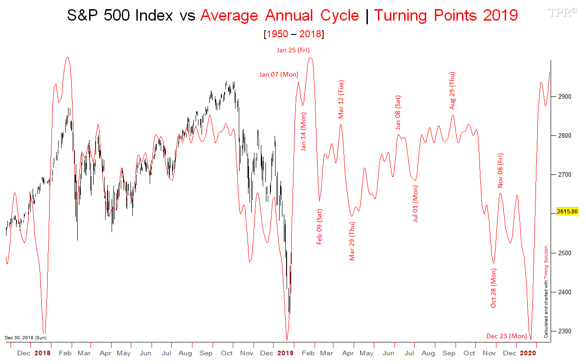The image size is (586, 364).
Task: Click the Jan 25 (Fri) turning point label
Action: (293, 50)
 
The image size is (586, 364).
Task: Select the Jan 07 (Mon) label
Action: (278, 74)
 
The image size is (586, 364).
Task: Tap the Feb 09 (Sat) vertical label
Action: (320, 226)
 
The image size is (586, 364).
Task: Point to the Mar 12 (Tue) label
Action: (341, 99)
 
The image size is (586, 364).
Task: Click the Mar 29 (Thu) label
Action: (352, 241)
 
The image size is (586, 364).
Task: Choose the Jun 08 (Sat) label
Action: (398, 112)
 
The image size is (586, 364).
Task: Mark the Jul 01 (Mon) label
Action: (416, 203)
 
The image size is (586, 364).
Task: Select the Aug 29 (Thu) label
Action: (452, 90)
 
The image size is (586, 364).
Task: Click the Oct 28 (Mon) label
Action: (494, 288)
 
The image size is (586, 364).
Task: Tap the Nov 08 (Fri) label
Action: (501, 170)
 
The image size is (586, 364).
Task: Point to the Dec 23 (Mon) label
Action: (507, 336)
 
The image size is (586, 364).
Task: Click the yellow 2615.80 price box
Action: (567, 212)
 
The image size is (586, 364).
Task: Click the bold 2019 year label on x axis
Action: (285, 353)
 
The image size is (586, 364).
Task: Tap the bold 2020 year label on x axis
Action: (528, 353)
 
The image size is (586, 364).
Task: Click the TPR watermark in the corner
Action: (563, 12)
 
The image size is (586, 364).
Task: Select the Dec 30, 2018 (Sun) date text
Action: (25, 337)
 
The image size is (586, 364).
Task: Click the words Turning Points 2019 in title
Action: (445, 15)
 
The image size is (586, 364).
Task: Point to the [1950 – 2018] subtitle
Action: (293, 34)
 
